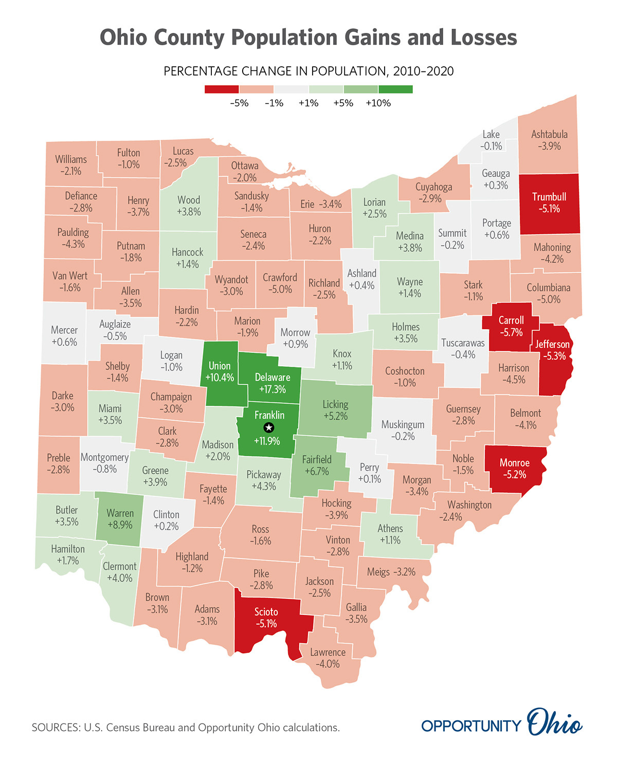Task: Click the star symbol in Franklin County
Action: (268, 427)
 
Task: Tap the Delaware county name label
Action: (273, 377)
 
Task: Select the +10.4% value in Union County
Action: (220, 378)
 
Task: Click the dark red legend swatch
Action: (222, 89)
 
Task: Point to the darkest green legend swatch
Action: (395, 89)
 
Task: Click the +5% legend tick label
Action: (343, 103)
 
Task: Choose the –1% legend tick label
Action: (274, 103)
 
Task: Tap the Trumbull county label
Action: (549, 197)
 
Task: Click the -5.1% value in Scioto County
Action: (266, 624)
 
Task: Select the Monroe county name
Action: (515, 462)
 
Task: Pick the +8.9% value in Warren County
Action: (120, 525)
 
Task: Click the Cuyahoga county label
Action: (433, 186)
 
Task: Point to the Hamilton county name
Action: (68, 549)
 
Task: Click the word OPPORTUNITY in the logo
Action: (471, 726)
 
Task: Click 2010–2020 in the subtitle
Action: (423, 71)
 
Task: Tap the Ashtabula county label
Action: (549, 134)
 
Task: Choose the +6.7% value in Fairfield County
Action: (317, 472)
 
